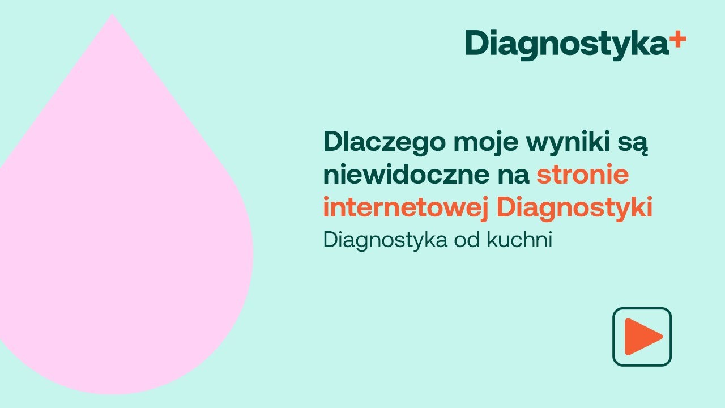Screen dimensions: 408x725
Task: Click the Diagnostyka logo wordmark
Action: point(567,44)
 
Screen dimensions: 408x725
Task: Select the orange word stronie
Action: point(583,176)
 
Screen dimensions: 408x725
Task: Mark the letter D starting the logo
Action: point(476,43)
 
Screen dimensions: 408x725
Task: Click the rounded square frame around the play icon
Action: point(642,309)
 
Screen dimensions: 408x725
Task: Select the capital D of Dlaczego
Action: point(331,142)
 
